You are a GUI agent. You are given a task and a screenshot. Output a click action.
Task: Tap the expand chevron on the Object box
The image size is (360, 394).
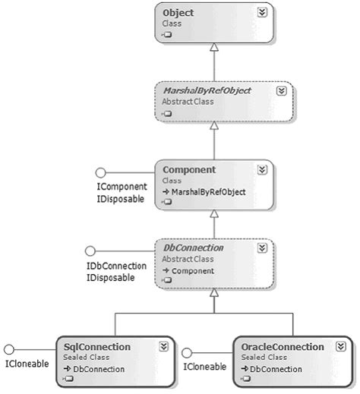(262, 13)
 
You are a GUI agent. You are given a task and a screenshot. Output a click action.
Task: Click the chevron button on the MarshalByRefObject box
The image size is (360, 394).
(280, 90)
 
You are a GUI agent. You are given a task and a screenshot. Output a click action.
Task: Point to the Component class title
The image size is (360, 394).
(190, 169)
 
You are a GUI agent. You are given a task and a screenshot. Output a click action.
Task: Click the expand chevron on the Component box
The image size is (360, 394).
(262, 169)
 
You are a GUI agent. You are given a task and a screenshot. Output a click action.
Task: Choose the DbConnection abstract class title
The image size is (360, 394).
(194, 247)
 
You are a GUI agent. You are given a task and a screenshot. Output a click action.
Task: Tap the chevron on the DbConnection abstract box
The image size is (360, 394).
(262, 248)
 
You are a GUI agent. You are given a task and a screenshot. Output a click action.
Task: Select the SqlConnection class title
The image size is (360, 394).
(97, 346)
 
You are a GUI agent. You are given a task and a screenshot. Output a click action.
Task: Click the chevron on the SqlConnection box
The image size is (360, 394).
(163, 346)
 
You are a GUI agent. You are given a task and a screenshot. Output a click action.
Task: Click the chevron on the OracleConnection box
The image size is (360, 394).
(339, 346)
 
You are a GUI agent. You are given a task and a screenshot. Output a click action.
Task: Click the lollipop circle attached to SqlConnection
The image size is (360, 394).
(10, 349)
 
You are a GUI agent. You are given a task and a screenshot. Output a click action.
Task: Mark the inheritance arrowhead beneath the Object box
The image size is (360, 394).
(215, 47)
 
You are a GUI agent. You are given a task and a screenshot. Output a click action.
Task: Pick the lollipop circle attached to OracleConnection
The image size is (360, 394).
(187, 351)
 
